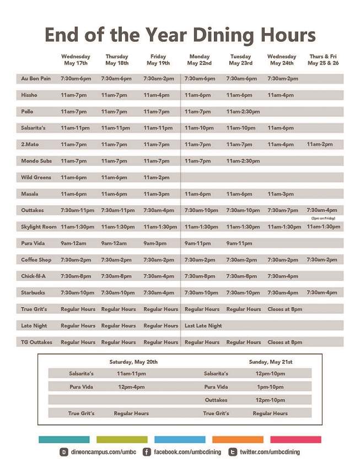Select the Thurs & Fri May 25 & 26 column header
tap(324, 60)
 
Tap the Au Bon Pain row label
tap(36, 79)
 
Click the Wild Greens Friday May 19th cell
tap(157, 178)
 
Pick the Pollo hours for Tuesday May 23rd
tap(243, 112)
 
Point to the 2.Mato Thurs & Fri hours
tap(320, 144)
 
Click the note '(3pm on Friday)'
tap(323, 218)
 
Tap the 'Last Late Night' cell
tap(203, 326)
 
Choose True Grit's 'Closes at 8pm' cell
tap(284, 309)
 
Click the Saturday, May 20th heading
tap(133, 362)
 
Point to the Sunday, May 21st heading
tap(270, 362)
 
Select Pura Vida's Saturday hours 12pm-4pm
tap(131, 387)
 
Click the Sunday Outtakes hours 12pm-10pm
tap(270, 400)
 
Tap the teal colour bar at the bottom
tap(64, 440)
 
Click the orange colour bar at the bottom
tap(238, 440)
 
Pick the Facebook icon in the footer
tap(147, 452)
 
